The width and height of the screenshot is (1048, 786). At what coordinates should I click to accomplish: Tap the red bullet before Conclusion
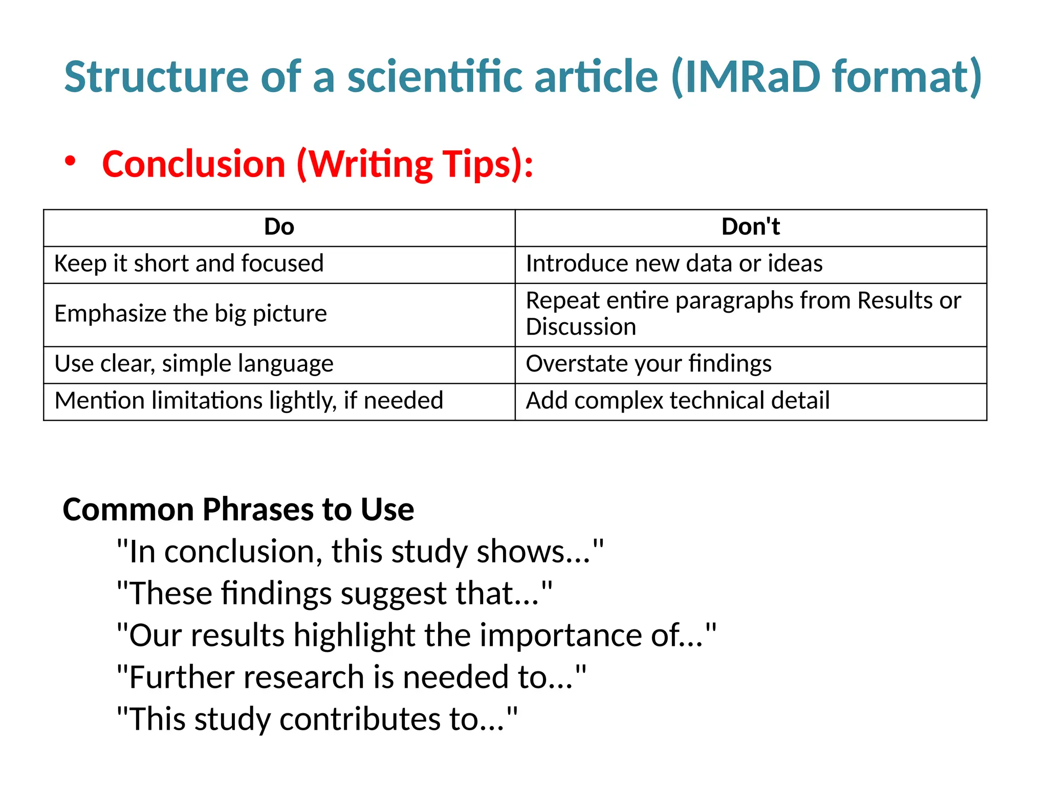coord(70,161)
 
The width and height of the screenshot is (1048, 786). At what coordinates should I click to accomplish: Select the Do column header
coord(279,227)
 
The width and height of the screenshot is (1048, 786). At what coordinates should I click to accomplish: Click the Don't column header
coord(750,227)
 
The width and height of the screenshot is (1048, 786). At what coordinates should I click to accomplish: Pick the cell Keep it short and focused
coord(189,264)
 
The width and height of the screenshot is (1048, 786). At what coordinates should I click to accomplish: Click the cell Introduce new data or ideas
coord(674,264)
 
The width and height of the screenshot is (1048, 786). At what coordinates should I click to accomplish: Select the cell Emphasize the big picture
coord(190,314)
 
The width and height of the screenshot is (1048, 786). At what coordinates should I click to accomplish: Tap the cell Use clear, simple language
coord(194,364)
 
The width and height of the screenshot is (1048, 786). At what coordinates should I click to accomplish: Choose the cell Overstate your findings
coord(648,364)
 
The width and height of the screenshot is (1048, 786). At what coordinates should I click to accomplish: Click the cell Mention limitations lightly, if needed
coord(249,401)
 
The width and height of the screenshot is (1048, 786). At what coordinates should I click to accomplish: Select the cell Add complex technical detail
coord(678,401)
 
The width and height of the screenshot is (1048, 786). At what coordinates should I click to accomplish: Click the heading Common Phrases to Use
coord(238,510)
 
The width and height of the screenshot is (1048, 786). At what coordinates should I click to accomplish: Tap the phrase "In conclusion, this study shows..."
coord(360,552)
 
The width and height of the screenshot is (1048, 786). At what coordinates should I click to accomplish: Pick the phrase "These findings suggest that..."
coord(335,594)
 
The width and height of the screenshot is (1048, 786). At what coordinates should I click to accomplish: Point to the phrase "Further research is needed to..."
coord(352,678)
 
